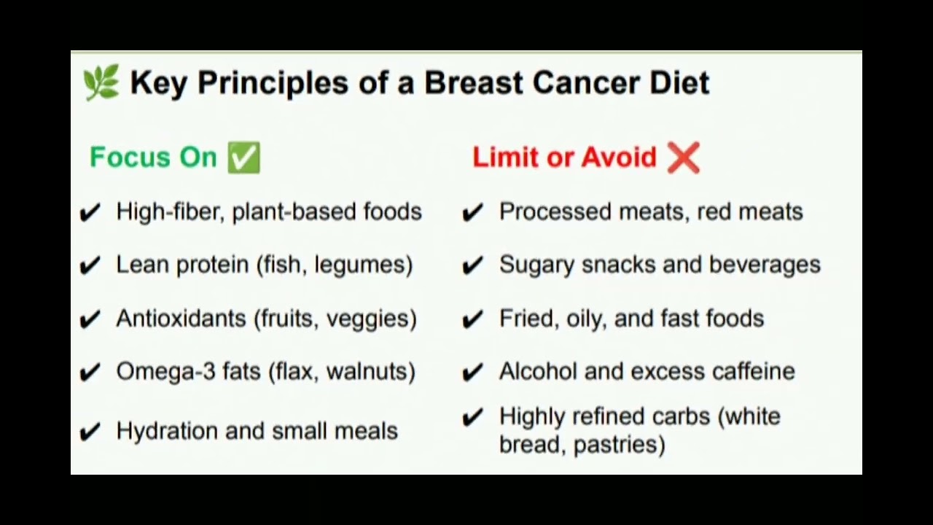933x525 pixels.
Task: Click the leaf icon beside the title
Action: pos(101,82)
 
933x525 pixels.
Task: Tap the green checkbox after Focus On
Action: pos(243,157)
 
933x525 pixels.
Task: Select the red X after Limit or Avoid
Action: pos(683,157)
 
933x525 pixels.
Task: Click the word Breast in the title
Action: pos(474,83)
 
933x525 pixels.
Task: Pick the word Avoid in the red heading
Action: pos(621,157)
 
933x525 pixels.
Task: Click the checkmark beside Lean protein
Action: pos(90,265)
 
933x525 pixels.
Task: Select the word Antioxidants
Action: pos(181,319)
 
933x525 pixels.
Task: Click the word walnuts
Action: pos(370,372)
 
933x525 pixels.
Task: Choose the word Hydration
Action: pos(167,431)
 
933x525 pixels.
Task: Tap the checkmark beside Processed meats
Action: pos(473,212)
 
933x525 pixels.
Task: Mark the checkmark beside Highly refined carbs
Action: pos(473,417)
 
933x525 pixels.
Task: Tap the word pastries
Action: pos(619,445)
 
